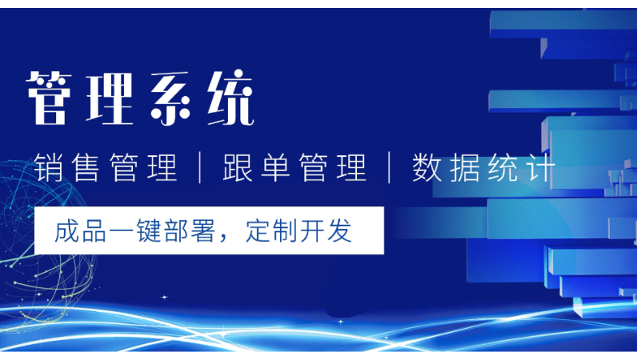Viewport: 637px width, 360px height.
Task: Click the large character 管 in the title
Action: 49,98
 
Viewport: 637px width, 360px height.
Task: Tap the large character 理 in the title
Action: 110,98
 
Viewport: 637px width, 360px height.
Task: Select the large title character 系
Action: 170,98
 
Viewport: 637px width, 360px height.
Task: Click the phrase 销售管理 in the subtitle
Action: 106,167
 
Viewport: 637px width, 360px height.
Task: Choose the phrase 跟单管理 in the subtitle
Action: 294,167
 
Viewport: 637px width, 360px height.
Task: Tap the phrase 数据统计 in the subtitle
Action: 483,167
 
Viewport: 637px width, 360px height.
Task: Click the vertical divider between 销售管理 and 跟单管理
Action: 200,167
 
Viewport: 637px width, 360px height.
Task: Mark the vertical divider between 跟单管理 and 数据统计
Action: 390,167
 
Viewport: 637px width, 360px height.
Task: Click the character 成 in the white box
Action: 67,230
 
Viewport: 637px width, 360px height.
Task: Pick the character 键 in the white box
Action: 149,230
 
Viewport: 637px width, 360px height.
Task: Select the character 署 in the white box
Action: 203,230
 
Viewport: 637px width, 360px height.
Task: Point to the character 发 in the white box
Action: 339,230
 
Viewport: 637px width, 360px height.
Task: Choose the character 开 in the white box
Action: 312,230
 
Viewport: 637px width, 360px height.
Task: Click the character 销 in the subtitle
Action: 48,167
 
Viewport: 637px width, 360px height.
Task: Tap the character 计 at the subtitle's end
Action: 541,167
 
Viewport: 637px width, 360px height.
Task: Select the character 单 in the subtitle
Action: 275,167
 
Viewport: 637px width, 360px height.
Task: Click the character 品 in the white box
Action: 94,230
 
